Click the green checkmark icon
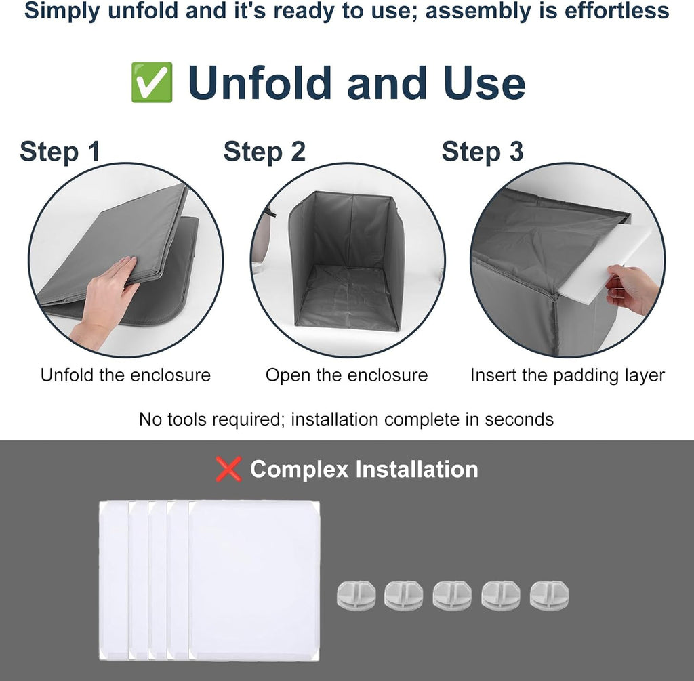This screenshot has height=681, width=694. point(152,82)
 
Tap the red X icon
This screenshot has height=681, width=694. point(228,469)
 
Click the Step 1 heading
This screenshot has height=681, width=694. point(60,152)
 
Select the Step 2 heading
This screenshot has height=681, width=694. point(264,152)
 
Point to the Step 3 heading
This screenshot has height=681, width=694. point(483,152)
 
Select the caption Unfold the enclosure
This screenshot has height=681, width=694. point(125,375)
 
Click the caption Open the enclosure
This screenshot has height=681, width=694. point(346,375)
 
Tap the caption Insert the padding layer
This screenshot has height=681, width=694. point(567,375)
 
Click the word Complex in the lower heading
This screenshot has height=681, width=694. point(299,470)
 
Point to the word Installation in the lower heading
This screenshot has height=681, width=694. point(417,469)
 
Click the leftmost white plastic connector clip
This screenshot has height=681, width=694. point(356,595)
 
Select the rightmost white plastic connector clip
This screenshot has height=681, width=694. point(549,595)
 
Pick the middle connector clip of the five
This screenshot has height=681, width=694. point(452,595)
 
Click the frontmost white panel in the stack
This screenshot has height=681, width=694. point(254,581)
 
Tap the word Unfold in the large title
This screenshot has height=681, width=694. point(260,83)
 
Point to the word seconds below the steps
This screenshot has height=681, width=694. point(519,419)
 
